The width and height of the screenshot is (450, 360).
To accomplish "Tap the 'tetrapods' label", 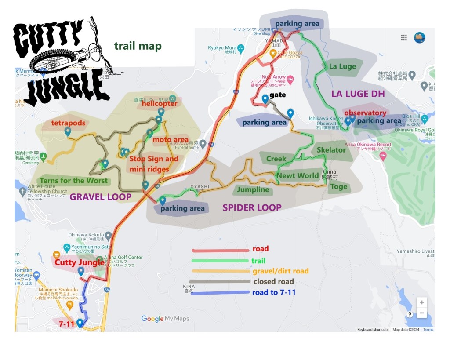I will click(68, 123).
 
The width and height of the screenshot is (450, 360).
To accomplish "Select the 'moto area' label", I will click(171, 140).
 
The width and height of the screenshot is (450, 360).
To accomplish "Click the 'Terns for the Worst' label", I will click(73, 181).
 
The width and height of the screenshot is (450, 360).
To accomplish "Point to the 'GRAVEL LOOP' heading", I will click(101, 197).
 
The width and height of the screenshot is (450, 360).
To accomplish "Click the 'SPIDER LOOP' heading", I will click(252, 207).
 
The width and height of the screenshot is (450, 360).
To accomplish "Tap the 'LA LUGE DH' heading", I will click(358, 94).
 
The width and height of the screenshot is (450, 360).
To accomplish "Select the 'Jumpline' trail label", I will click(253, 190).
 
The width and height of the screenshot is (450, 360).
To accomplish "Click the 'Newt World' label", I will click(298, 176).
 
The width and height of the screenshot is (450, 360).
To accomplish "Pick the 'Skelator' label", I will click(331, 150).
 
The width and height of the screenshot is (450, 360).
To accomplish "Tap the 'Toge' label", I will click(338, 186).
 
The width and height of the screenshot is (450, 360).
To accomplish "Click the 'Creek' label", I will click(276, 159).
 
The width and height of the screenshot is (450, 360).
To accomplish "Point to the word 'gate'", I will click(278, 95).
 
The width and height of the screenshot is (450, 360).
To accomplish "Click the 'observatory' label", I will click(365, 113).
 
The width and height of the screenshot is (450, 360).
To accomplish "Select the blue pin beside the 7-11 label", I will click(80, 323).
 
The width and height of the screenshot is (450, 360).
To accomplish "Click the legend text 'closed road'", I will click(273, 282).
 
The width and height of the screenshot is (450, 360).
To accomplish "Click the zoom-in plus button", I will click(421, 302).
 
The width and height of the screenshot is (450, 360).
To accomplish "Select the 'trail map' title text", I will click(138, 46).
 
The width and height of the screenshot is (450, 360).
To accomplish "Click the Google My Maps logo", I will click(165, 319).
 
